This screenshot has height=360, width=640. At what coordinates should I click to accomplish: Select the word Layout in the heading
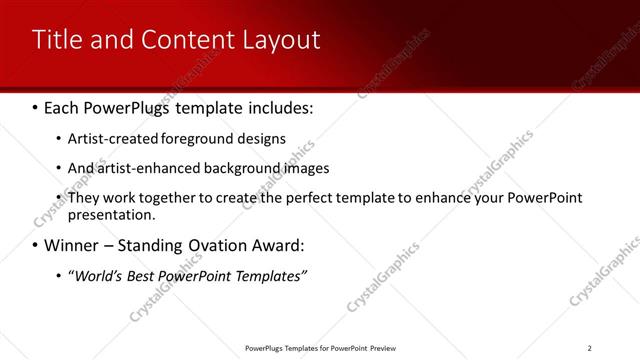(x=279, y=40)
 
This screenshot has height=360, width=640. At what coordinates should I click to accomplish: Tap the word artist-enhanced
(x=147, y=168)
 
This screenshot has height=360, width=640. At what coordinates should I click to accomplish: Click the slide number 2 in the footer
(x=590, y=348)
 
